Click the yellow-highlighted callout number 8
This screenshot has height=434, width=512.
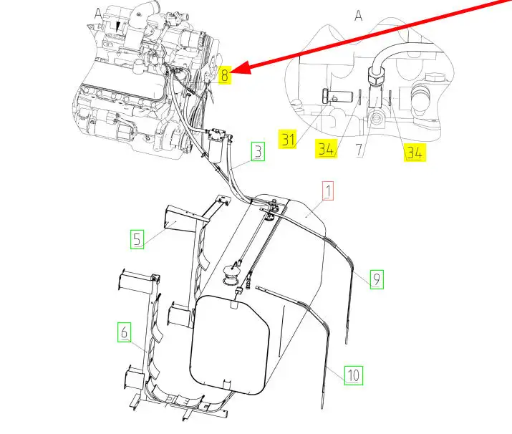224,75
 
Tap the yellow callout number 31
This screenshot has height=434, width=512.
288,139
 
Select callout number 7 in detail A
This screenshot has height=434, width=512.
359,150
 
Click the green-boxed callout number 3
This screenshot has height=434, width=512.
258,152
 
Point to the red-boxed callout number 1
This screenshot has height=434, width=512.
328,191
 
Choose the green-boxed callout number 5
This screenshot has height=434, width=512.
137,239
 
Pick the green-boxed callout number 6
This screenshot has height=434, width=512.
124,332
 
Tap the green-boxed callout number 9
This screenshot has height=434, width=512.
377,279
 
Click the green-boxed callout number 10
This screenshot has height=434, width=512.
354,375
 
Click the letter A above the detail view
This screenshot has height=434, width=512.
359,15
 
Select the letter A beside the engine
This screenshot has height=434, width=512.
98,14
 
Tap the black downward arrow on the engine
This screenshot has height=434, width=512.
118,27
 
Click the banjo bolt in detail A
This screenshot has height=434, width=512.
337,97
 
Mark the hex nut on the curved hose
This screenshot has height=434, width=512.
377,75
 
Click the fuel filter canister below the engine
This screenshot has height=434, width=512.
216,145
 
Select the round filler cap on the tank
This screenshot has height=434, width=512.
231,274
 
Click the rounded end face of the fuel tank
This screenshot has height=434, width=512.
230,345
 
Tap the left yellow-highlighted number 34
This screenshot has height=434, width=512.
326,148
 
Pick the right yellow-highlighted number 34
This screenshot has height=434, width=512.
415,153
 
